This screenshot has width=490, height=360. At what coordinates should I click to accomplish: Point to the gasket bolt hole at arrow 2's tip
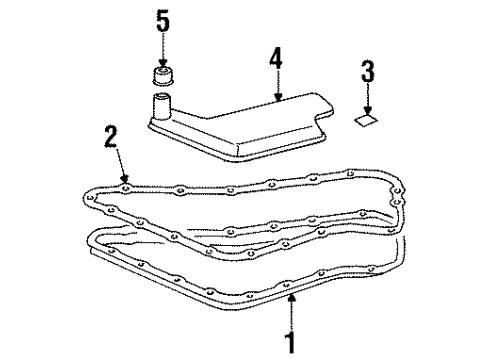coord(123,184)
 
